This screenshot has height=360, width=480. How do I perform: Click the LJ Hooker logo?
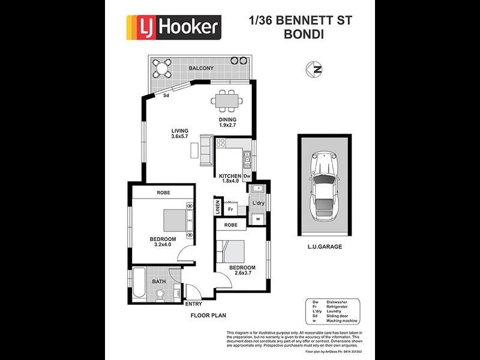tap(173, 27)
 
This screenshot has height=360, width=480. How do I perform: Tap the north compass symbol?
tap(314, 69)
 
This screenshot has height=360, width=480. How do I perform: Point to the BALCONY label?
tap(201, 68)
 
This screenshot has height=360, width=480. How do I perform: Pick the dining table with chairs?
tap(227, 100)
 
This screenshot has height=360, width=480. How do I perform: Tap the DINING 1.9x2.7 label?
tap(229, 122)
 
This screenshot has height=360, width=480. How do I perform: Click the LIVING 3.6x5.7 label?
tap(180, 134)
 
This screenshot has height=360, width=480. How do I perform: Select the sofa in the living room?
tap(205, 151)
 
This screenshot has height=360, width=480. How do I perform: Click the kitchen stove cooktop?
tap(221, 143)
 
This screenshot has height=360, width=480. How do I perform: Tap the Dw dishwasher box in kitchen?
tap(247, 176)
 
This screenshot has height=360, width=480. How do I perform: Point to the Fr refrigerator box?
tap(230, 209)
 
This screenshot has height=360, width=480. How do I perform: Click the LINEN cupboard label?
tap(217, 208)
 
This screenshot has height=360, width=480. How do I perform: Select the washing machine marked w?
tap(257, 219)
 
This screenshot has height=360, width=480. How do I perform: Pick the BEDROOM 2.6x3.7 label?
tap(242, 271)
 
